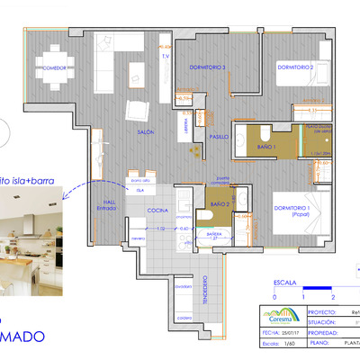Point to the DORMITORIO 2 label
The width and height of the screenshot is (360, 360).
tap(294, 67)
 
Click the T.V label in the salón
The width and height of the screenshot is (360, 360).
tap(166, 57)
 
